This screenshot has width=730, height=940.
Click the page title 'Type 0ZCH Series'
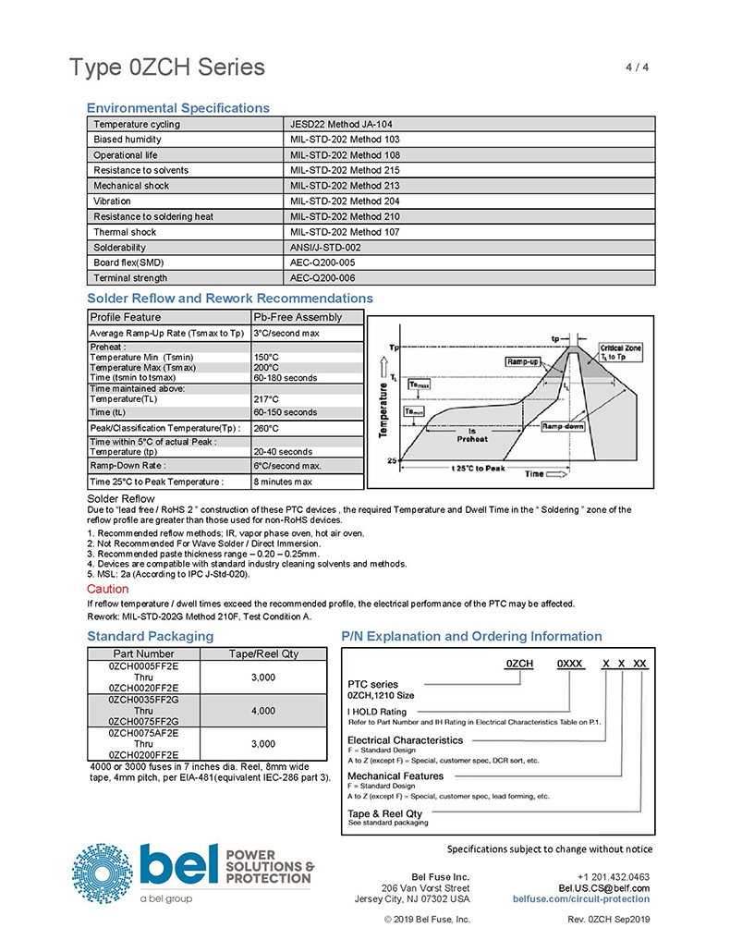click(x=166, y=67)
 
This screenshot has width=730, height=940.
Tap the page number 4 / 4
click(x=639, y=67)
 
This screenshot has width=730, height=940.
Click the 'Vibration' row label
click(x=113, y=201)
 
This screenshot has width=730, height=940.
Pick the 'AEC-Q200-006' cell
click(x=322, y=278)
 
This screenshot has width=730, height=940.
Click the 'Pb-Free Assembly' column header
click(x=298, y=317)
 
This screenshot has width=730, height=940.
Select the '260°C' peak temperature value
click(x=267, y=428)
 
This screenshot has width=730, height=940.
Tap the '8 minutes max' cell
click(x=283, y=482)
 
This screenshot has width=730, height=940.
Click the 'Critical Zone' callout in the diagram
click(x=621, y=350)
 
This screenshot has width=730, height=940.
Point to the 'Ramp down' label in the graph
click(x=563, y=426)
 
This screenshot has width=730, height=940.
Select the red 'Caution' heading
click(x=107, y=589)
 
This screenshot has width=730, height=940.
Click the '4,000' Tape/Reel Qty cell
click(x=262, y=711)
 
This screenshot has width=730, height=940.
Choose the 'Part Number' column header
click(x=142, y=653)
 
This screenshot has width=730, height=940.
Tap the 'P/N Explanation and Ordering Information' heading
click(x=471, y=636)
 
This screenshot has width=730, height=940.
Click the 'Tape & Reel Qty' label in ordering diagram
click(x=384, y=813)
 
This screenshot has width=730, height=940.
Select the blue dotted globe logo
click(x=103, y=873)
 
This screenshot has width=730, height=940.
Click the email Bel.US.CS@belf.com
click(x=604, y=887)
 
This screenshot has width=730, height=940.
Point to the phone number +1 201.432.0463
click(x=613, y=876)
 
